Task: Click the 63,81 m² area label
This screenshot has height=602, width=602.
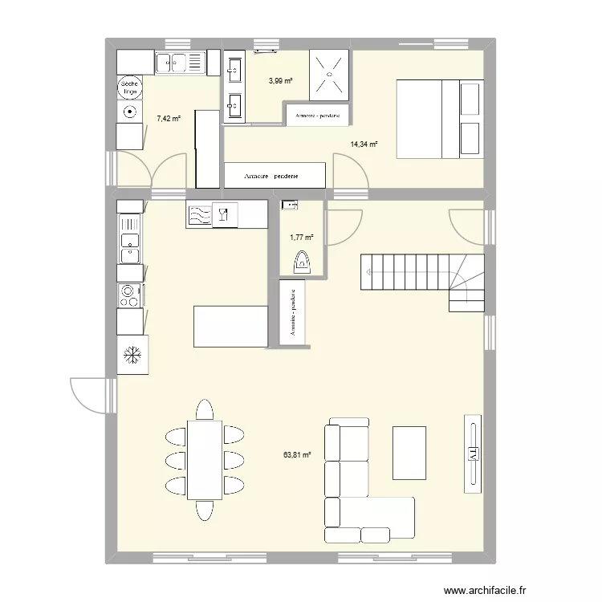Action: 296,455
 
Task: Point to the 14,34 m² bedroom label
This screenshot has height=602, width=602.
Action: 364,145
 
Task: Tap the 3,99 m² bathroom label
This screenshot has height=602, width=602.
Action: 280,80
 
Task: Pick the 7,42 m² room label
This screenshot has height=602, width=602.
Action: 169,119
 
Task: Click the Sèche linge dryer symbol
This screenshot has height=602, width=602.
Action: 129,87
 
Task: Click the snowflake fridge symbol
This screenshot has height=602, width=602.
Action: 132,354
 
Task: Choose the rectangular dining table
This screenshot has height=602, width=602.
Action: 205,459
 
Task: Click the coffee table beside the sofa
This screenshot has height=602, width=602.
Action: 409,452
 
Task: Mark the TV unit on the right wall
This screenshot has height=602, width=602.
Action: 474,454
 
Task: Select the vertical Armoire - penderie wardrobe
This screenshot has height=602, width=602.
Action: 294,313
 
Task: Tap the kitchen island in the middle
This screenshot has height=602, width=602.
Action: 230,326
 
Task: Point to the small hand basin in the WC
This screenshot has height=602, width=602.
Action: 290,206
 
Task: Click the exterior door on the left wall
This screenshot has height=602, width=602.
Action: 91,395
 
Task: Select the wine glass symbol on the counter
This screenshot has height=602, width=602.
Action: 225,214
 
